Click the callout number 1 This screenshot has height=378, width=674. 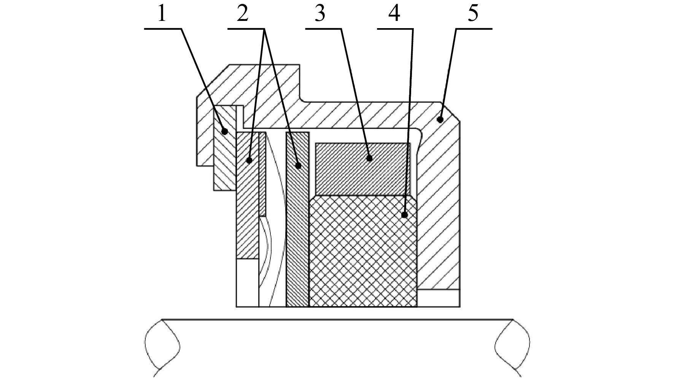point(162,14)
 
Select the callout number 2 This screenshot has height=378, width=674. point(242,14)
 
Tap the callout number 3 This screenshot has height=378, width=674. point(320,14)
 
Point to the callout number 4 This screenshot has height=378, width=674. point(394,14)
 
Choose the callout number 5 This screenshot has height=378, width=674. point(473,14)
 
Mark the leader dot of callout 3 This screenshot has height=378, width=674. point(369,158)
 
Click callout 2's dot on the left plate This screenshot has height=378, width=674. point(249,160)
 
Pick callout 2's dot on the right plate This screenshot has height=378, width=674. point(299,166)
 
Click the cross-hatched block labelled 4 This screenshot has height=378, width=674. point(363,251)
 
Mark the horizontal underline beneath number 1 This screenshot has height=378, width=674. point(163,29)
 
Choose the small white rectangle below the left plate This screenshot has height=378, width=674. point(247,283)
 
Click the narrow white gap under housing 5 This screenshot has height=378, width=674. point(439,298)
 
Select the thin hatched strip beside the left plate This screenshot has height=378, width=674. point(262,174)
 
